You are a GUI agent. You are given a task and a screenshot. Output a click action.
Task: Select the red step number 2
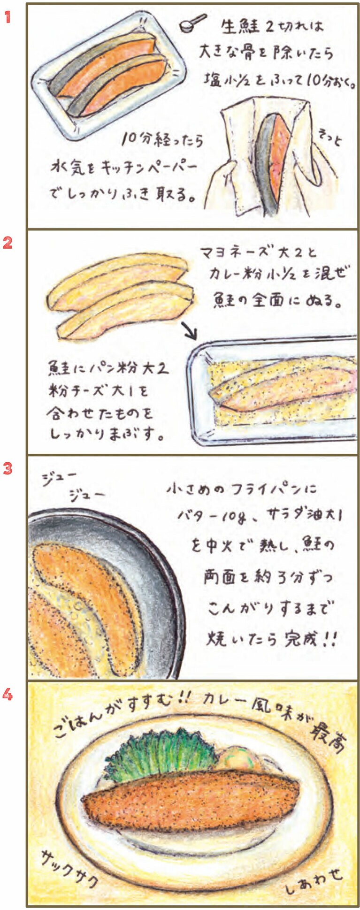(7, 243)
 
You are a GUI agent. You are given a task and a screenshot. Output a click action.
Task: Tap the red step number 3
(7, 468)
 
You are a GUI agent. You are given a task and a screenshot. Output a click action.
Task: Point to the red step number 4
(7, 694)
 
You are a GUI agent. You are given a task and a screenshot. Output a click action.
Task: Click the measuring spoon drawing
(192, 23)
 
